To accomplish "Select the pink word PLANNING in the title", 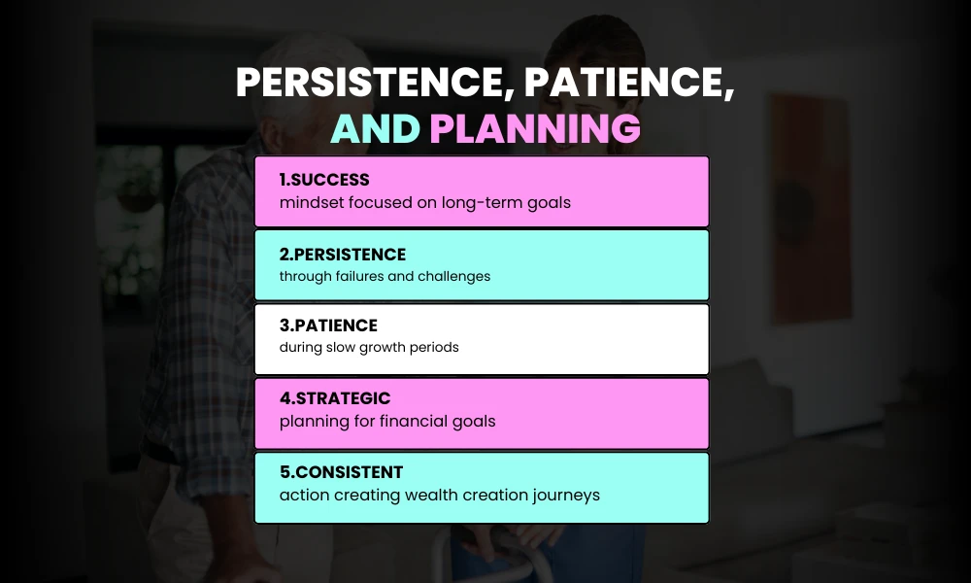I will pyautogui.click(x=535, y=128).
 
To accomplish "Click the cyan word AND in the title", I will pyautogui.click(x=376, y=128).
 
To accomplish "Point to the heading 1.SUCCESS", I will pyautogui.click(x=324, y=181).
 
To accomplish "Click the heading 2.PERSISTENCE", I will pyautogui.click(x=343, y=255).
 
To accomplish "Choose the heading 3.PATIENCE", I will pyautogui.click(x=328, y=326).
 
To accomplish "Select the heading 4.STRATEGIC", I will pyautogui.click(x=335, y=398).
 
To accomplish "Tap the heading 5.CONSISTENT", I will pyautogui.click(x=341, y=472).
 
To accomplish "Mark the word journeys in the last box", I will pyautogui.click(x=566, y=496).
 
